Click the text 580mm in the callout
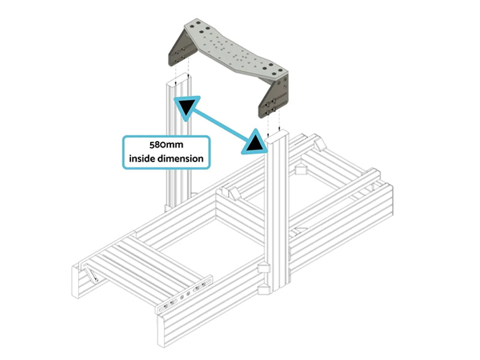166,145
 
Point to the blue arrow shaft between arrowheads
222,124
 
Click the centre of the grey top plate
234,50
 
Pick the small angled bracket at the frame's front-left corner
92,274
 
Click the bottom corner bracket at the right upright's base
265,291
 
